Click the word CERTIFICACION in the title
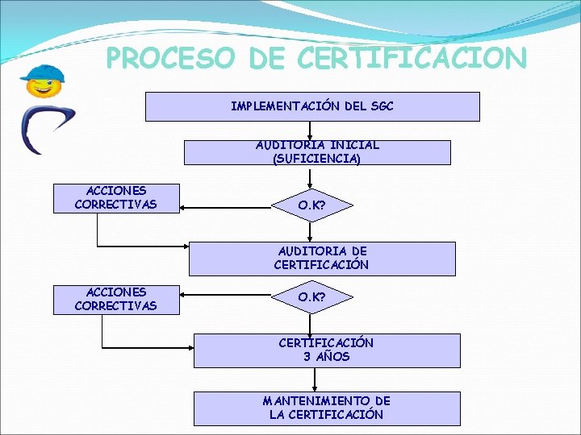point(412,59)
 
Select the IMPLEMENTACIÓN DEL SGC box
point(311,106)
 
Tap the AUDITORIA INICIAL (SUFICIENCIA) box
point(317,152)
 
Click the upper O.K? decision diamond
point(311,205)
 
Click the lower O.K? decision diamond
point(311,297)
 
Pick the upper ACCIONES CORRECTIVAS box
point(115,198)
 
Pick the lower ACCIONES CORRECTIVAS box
point(115,299)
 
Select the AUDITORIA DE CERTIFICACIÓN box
point(321,259)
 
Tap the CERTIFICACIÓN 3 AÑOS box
point(326,350)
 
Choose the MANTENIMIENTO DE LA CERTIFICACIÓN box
point(326,408)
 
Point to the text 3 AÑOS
point(326,357)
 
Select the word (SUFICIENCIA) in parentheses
point(317,159)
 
